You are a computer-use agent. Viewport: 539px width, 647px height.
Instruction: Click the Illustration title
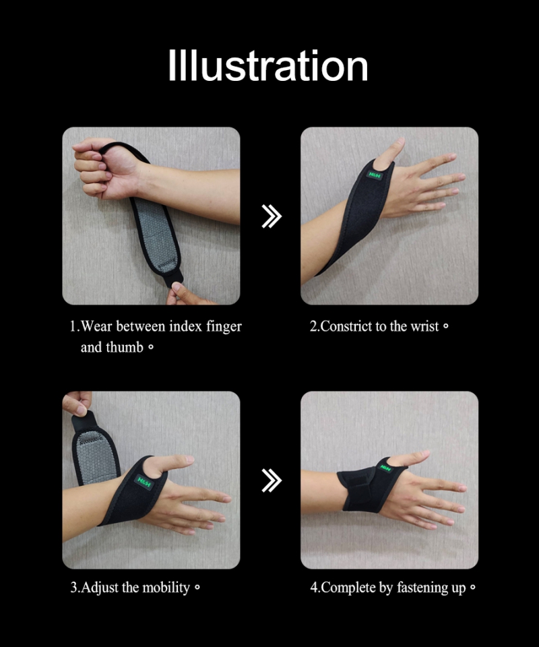point(268,65)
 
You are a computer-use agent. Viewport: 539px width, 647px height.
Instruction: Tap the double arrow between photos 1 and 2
point(271,216)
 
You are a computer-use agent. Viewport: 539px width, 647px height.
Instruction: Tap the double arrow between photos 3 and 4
point(271,481)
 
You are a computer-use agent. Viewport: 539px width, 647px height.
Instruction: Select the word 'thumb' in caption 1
point(125,348)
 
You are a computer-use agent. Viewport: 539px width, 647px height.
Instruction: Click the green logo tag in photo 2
point(374,175)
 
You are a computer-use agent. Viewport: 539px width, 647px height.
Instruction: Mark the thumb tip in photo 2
point(399,144)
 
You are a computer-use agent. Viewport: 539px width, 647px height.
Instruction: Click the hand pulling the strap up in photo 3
point(76,403)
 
